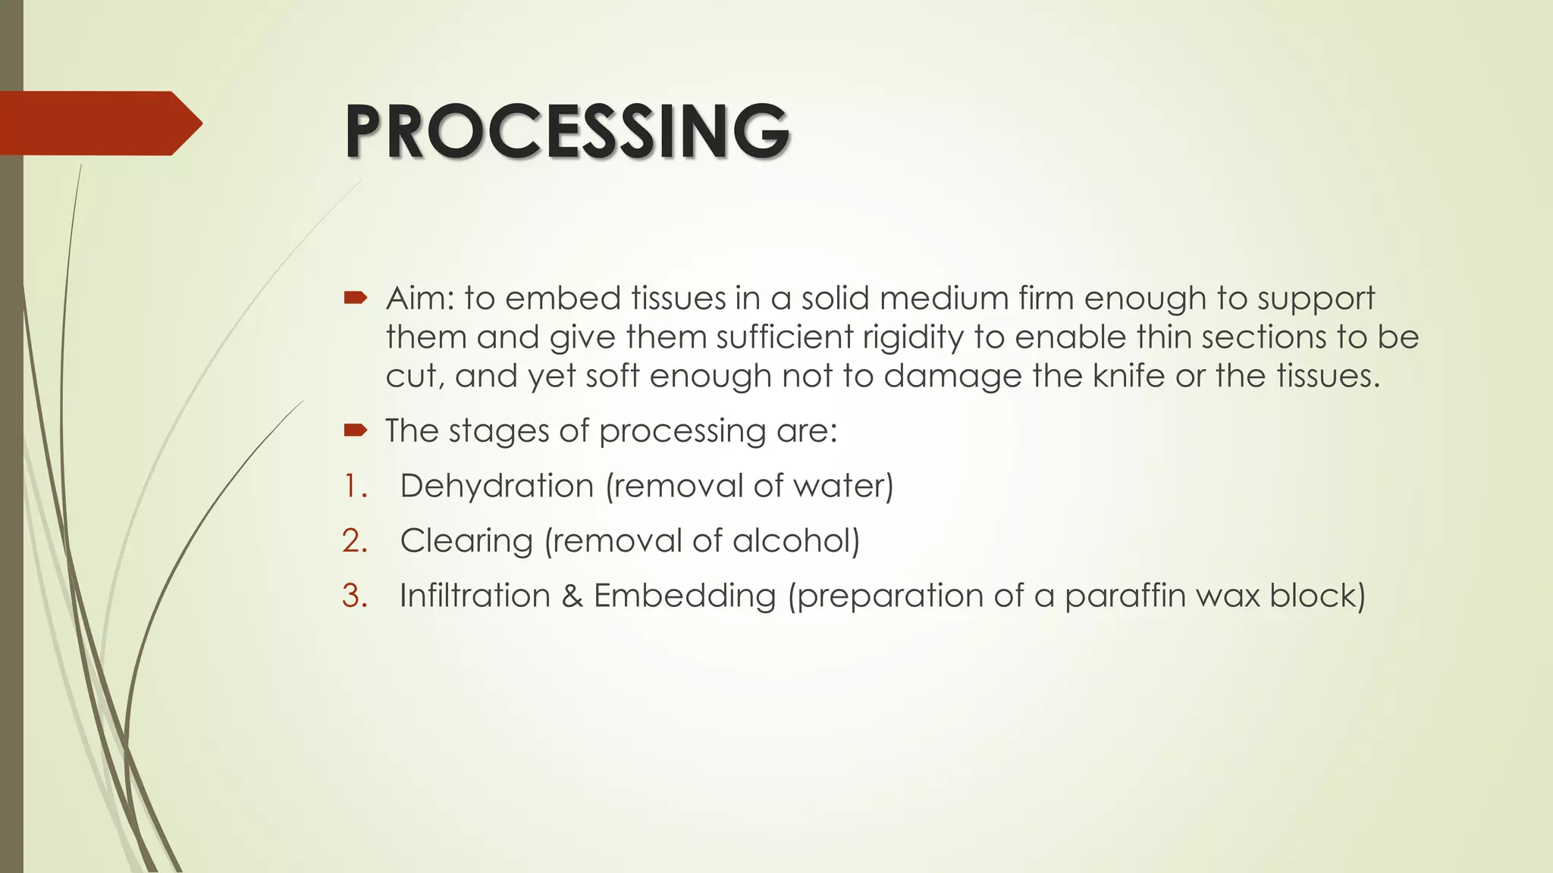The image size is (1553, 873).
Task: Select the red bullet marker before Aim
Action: click(x=355, y=298)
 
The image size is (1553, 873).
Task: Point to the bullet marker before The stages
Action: click(x=355, y=430)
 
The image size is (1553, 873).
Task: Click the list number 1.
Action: click(x=355, y=486)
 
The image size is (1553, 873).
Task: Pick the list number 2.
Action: click(x=355, y=541)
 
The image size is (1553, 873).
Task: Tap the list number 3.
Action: click(x=355, y=596)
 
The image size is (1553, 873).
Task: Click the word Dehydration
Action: click(x=497, y=486)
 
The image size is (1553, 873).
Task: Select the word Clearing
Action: click(x=466, y=541)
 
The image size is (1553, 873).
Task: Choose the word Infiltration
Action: click(x=475, y=596)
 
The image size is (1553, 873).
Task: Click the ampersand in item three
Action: click(x=572, y=596)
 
